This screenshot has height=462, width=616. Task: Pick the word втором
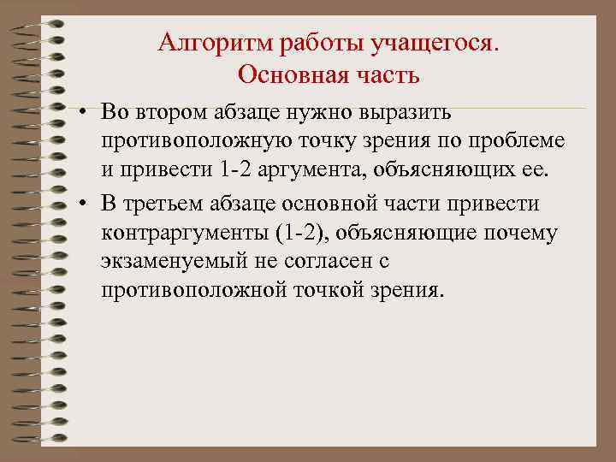tap(169, 112)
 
